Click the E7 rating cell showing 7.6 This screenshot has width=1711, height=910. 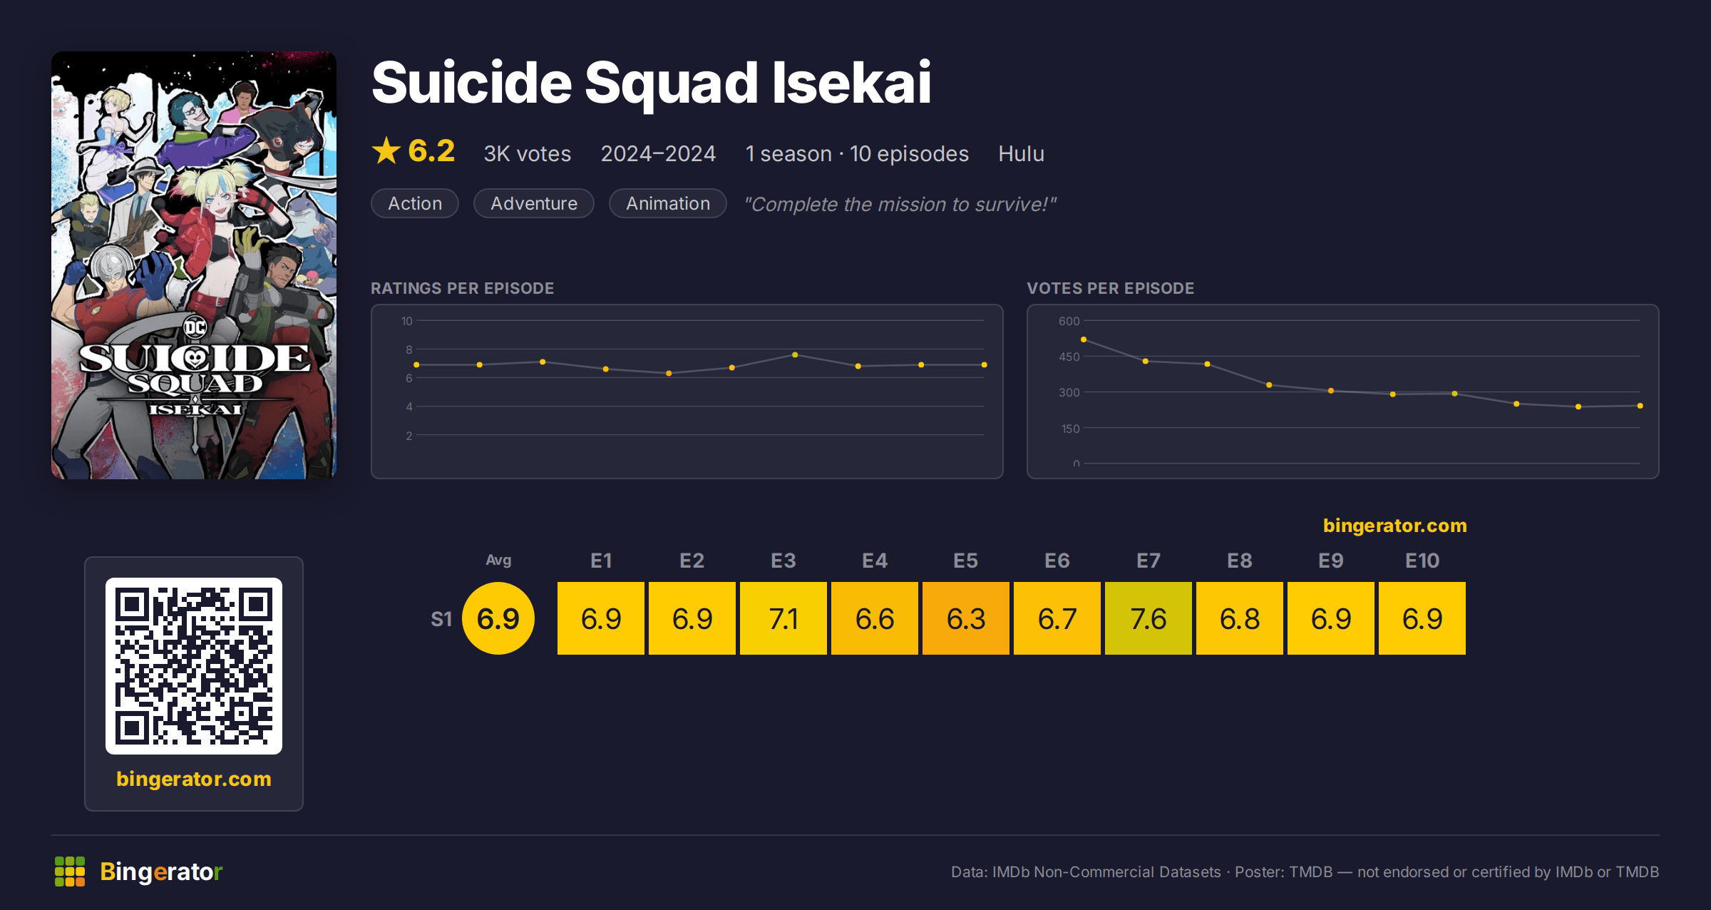[x=1148, y=618]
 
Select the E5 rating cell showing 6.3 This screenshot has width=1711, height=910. [x=965, y=618]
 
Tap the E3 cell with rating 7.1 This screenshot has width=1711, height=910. [x=783, y=618]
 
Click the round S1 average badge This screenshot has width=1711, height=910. [x=498, y=618]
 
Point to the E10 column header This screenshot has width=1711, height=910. [x=1422, y=561]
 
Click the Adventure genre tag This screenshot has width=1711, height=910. [x=534, y=203]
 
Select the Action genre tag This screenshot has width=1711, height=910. [x=415, y=203]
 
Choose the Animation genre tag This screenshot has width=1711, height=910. [x=668, y=203]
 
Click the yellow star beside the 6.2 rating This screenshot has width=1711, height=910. [x=386, y=150]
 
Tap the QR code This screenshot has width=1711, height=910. [x=194, y=666]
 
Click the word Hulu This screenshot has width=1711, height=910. [x=1021, y=153]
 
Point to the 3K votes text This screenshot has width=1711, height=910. [x=528, y=153]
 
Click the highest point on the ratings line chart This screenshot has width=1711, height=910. [x=795, y=355]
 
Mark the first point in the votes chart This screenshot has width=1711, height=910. [x=1084, y=339]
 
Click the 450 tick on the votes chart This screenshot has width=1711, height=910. [x=1069, y=357]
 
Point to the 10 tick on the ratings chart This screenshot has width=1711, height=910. [x=406, y=321]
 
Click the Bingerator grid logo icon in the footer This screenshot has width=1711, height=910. [x=70, y=871]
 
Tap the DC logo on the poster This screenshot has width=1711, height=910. [x=195, y=327]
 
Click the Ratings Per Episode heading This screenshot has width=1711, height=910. [x=462, y=288]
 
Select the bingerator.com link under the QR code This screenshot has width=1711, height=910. [x=194, y=779]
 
